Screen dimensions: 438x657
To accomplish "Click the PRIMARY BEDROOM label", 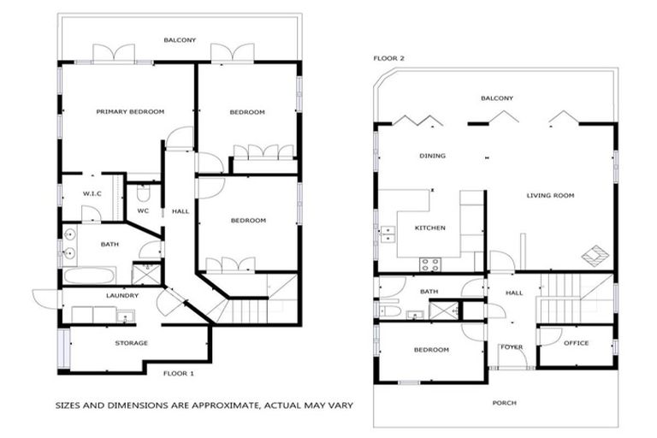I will coord(131,112).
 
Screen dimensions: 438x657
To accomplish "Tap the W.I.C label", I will coord(92,194).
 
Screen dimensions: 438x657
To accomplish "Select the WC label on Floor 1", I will coord(143,210).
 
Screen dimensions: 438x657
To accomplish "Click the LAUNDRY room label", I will coord(123,296).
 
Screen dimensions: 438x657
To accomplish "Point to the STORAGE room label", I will coord(131,343).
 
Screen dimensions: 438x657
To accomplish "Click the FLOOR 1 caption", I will coord(179,373).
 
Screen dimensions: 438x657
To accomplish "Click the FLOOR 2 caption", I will coord(388,59).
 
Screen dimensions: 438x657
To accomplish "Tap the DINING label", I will coord(432,156).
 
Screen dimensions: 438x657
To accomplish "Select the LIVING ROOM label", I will coord(549,195).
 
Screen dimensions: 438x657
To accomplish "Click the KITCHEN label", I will coord(429,228).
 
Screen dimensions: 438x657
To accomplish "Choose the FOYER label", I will coord(512,346).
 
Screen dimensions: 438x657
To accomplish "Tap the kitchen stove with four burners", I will coord(428,263).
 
